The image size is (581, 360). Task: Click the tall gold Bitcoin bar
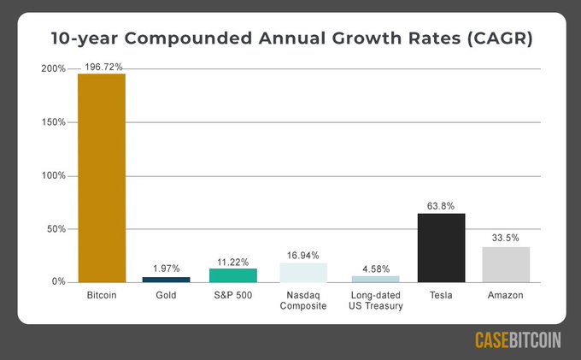pos(102,178)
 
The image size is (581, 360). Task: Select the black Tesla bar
pos(441,248)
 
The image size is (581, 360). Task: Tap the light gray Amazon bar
pos(506,264)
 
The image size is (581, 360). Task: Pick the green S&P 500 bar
pos(233,275)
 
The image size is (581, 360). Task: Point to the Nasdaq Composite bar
pos(303,273)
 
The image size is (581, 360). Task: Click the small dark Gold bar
pos(167,280)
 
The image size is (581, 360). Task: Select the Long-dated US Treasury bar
pos(375,279)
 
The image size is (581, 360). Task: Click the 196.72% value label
pos(102,65)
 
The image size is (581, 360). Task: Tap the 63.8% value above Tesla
pos(441,205)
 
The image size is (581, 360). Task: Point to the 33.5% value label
pos(506,238)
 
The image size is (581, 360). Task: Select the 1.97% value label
pos(167,269)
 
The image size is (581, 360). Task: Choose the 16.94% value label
pos(303,254)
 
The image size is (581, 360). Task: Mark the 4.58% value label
pos(375,268)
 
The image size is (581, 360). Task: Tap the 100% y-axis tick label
pos(53,175)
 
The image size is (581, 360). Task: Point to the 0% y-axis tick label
pos(58,282)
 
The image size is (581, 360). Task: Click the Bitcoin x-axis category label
pos(102,295)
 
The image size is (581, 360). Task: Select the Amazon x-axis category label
pos(506,295)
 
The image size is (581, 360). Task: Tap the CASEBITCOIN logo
pos(518,340)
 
